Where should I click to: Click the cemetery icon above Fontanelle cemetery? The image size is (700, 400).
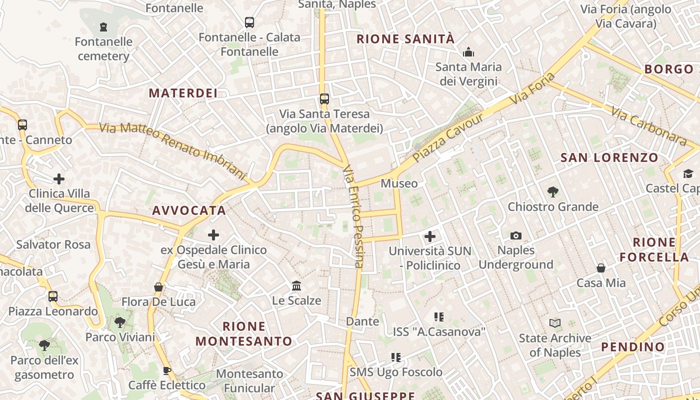(103, 26)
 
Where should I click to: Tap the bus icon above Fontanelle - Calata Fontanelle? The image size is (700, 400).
(249, 22)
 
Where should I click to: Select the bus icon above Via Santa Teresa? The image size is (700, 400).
(324, 98)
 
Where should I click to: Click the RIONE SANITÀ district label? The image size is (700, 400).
(405, 38)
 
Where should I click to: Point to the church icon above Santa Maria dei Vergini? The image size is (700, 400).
(468, 51)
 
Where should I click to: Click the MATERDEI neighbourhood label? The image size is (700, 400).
(183, 93)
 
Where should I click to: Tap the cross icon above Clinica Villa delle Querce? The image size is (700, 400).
(59, 178)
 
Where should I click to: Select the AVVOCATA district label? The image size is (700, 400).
(189, 210)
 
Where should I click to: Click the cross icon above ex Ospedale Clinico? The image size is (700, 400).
(213, 234)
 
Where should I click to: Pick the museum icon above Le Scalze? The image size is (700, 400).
(296, 285)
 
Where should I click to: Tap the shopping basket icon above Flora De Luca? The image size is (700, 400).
(158, 287)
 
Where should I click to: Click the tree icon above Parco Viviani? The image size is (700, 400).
(120, 322)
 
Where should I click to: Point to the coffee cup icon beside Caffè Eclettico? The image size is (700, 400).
(167, 370)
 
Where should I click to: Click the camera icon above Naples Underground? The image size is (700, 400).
(516, 235)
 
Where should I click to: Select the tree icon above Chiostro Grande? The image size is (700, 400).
(553, 191)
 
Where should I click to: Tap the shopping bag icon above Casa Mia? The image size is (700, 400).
(601, 268)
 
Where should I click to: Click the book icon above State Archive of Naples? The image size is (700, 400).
(555, 323)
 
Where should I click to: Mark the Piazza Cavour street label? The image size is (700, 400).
(448, 137)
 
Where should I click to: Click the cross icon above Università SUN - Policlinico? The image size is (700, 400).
(430, 236)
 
